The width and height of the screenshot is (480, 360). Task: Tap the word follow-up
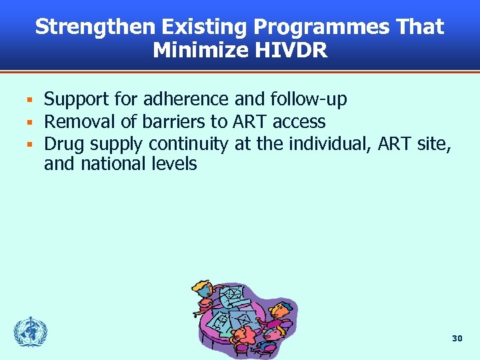click(309, 100)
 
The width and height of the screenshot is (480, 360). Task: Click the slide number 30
click(457, 339)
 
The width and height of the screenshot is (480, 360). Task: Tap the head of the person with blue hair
click(280, 308)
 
